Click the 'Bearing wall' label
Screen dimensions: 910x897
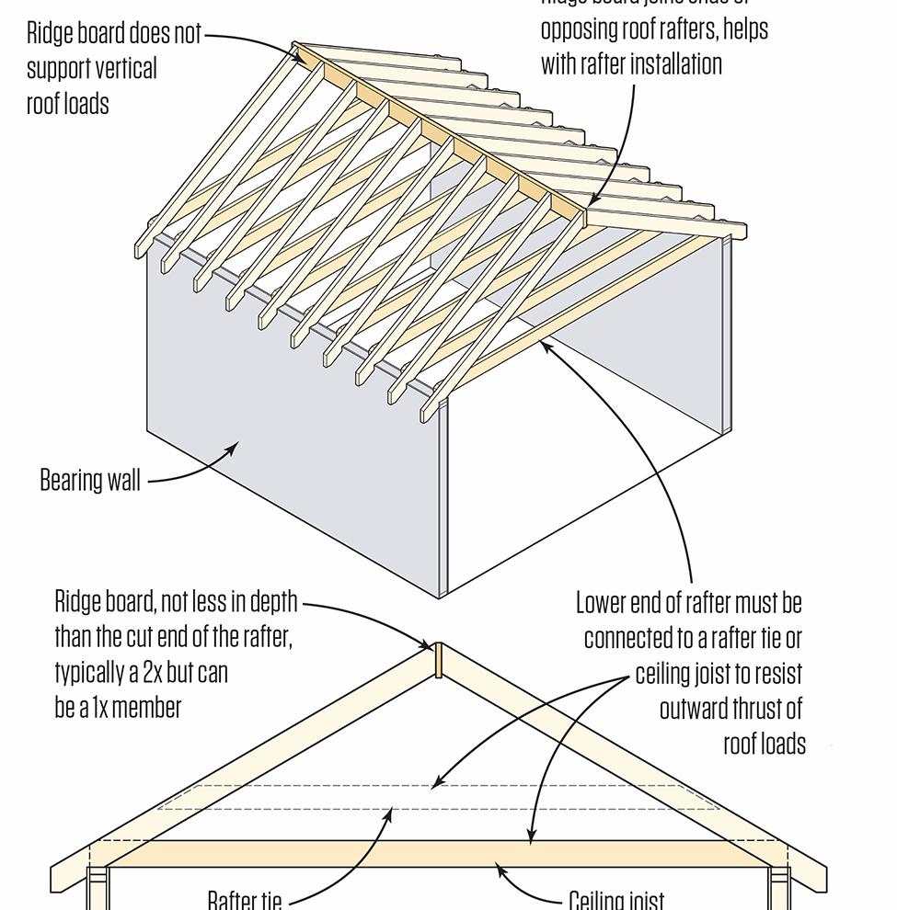(x=90, y=480)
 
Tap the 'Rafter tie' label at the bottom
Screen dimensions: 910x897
(x=244, y=899)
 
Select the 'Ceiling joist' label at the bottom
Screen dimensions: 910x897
(x=615, y=899)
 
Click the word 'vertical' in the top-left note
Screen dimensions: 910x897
(x=125, y=69)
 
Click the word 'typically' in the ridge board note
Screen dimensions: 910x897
(x=88, y=673)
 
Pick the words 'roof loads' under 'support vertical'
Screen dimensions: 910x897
(x=67, y=104)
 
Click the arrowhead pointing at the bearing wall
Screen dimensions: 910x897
(x=234, y=448)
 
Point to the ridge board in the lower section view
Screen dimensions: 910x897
(x=439, y=660)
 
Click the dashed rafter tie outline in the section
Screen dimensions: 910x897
(x=276, y=798)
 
